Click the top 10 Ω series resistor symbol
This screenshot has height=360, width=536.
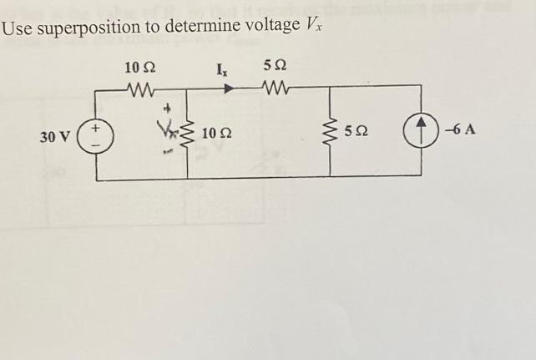pyautogui.click(x=138, y=86)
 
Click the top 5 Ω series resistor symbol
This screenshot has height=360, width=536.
pyautogui.click(x=276, y=85)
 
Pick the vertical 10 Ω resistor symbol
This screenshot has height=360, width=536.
pyautogui.click(x=186, y=132)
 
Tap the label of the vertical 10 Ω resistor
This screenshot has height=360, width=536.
pyautogui.click(x=217, y=134)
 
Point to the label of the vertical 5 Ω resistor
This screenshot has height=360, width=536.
pyautogui.click(x=358, y=133)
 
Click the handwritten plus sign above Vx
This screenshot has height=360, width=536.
pyautogui.click(x=168, y=109)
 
